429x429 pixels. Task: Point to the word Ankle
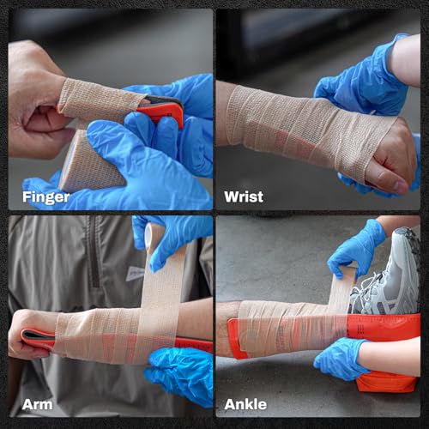pos(246,403)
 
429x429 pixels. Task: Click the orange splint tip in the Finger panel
pos(166,110)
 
